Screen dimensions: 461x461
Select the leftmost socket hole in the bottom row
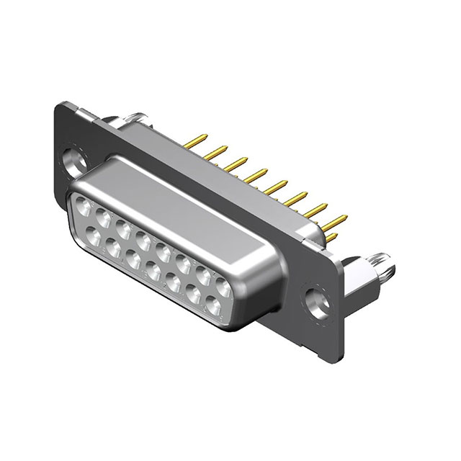(94, 236)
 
